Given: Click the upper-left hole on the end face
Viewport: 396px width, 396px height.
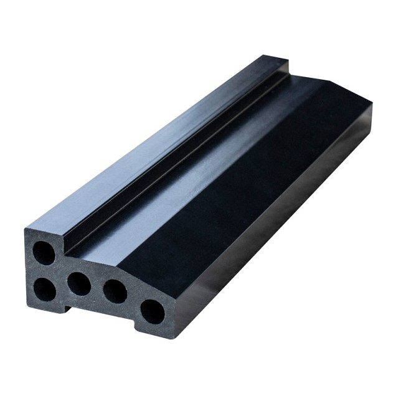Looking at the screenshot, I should pos(44,252).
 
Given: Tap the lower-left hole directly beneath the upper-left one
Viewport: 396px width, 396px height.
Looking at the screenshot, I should pos(44,289).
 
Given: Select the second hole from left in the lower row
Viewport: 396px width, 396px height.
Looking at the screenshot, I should pos(79,283).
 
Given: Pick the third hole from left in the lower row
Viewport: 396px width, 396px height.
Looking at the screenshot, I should pos(115,291).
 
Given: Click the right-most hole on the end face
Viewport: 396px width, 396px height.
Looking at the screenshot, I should pos(152,311).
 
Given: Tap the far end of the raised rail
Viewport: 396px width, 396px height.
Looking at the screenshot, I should pos(274,60).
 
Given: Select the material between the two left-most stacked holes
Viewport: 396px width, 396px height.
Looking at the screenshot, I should pos(44,271).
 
